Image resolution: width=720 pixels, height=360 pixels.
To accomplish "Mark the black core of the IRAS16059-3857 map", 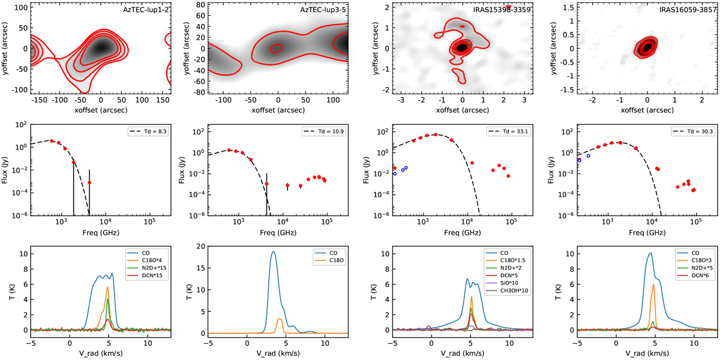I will pyautogui.click(x=647, y=46).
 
